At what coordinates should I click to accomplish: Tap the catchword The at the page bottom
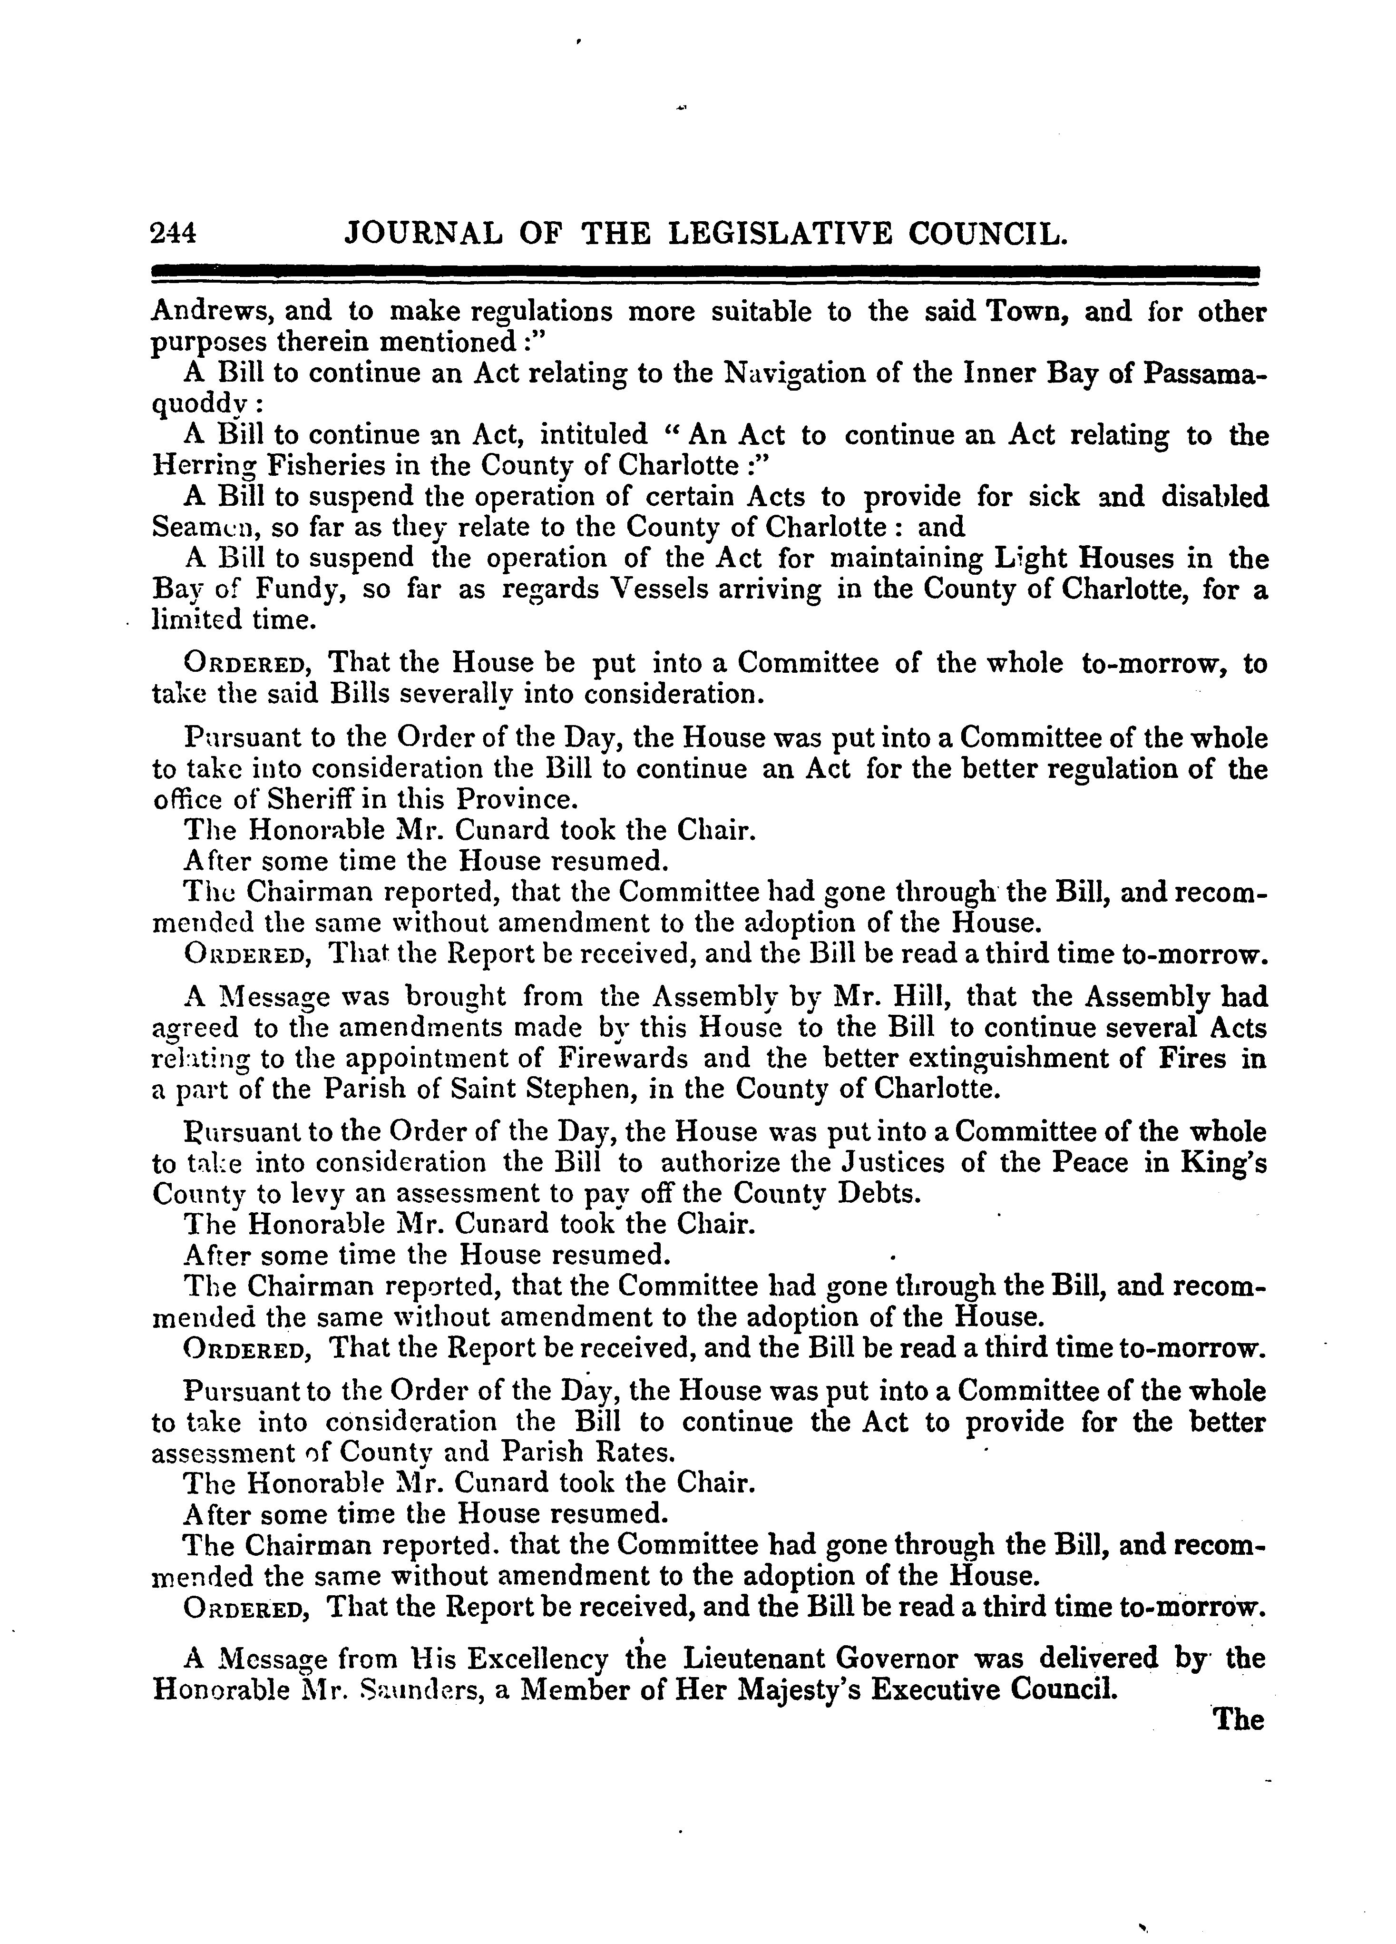pos(1238,1720)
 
